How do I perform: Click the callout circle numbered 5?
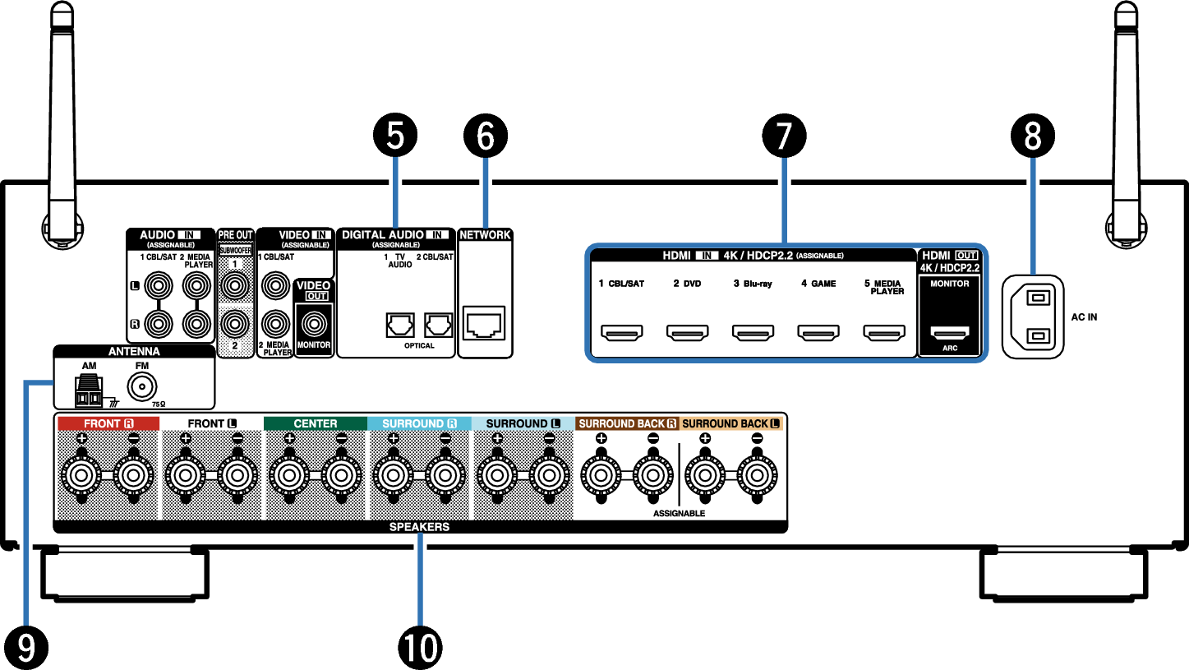point(395,135)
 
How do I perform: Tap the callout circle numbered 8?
point(1032,136)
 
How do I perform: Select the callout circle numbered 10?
point(420,648)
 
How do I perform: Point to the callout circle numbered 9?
point(26,648)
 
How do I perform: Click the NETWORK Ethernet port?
point(483,322)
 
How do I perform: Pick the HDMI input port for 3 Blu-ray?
point(753,332)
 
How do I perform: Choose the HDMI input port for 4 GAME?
point(818,332)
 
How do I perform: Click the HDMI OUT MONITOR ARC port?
point(950,333)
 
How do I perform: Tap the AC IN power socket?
point(1033,317)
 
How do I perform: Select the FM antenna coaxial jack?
point(141,386)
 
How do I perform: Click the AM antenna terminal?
point(89,390)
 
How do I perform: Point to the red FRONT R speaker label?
point(108,423)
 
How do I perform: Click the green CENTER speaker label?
point(316,423)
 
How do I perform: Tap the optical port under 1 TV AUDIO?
point(399,325)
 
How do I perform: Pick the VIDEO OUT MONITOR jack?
point(314,324)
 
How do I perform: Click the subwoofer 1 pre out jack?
point(235,286)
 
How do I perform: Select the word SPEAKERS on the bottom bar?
point(419,527)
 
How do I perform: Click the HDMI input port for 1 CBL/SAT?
point(621,332)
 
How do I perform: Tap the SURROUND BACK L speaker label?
point(730,423)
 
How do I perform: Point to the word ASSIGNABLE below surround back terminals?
point(679,513)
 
